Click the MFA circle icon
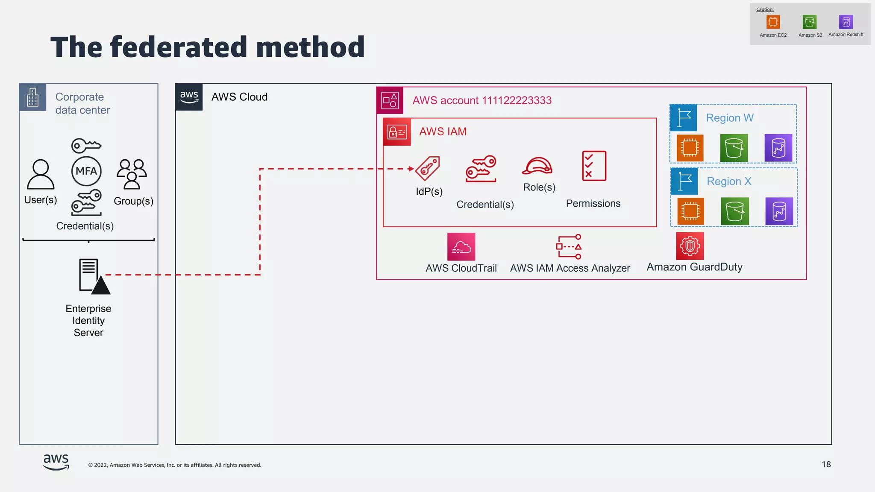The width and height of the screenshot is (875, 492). point(86,171)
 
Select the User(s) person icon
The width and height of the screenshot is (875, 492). point(41,174)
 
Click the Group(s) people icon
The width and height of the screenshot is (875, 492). point(132,174)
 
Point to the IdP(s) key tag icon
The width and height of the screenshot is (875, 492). point(428,168)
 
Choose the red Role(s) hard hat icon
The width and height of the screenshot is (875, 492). point(537,166)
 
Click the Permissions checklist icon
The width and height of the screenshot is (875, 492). point(594,166)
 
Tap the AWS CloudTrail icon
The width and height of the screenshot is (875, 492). point(461,246)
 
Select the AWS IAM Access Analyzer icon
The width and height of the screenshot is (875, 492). point(569,246)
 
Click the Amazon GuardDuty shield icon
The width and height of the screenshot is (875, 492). point(690,246)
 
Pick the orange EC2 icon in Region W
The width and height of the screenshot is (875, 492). point(690,148)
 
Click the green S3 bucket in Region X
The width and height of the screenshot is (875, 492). point(735,211)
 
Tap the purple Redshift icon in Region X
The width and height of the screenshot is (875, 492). point(779,211)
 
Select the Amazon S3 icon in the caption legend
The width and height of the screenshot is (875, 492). point(810,22)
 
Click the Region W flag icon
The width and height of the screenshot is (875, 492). point(684,118)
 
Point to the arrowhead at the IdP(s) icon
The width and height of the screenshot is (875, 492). point(411,169)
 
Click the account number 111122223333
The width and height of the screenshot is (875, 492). point(517,100)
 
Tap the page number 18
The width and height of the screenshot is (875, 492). point(826,464)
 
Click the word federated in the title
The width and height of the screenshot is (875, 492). point(179,47)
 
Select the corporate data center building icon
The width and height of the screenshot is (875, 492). point(33,97)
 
